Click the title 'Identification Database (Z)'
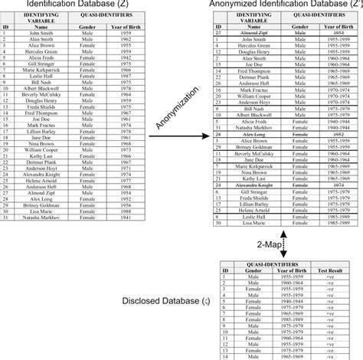(x=60, y=5)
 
